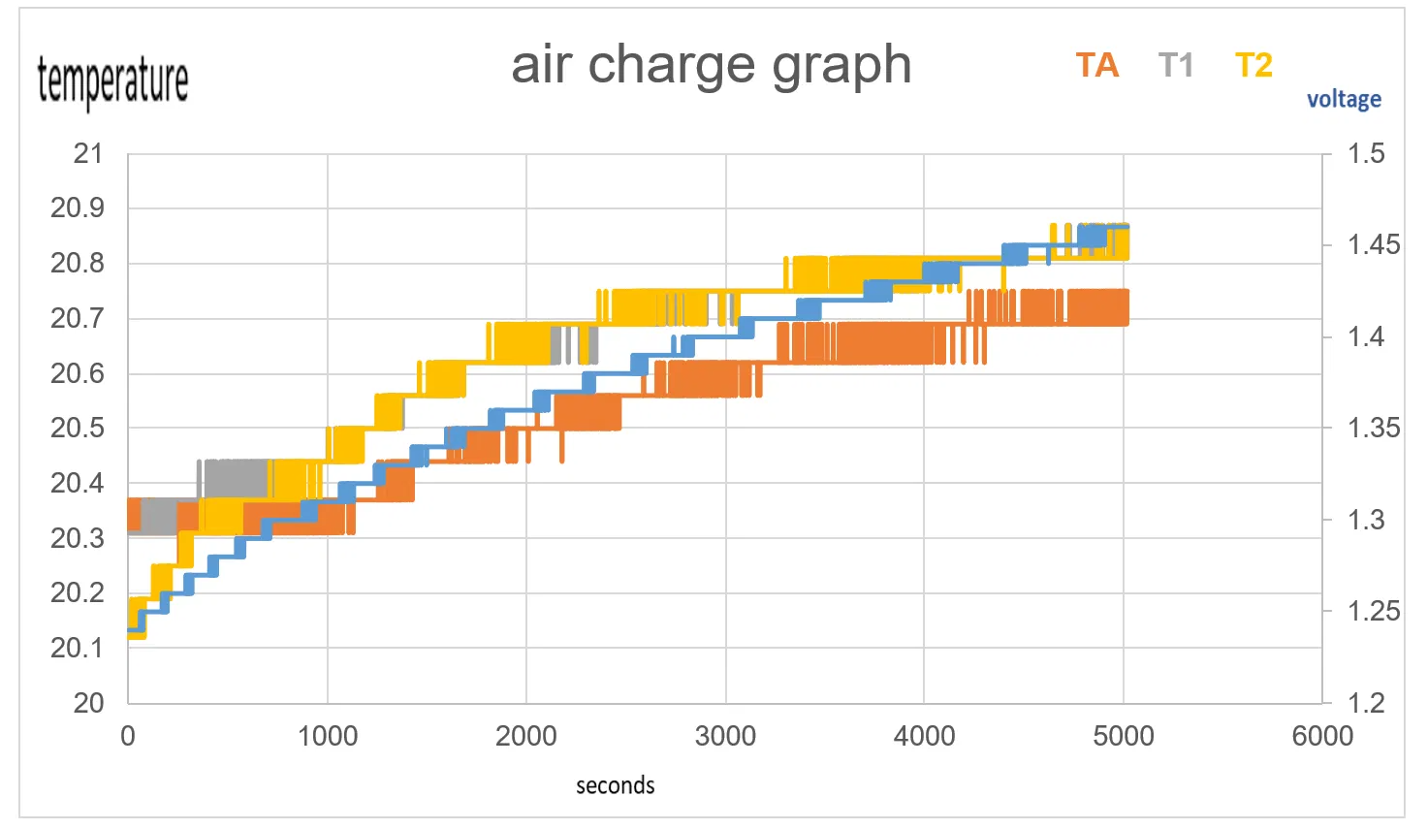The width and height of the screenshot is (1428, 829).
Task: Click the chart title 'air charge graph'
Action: pos(711,66)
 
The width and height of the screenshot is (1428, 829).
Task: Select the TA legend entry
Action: pos(1096,66)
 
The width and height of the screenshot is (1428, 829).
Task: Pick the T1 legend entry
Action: pos(1175,66)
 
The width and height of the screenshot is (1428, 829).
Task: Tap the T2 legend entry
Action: pos(1253,66)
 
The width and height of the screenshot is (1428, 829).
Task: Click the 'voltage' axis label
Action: pos(1344,99)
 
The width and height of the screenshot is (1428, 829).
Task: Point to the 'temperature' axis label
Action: pos(112,80)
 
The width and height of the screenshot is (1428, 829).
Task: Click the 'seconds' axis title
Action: pos(615,785)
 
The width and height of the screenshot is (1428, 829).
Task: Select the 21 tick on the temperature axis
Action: pos(88,153)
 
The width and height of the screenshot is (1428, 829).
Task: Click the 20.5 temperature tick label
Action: pos(77,428)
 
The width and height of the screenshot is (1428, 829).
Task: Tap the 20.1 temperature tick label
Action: pos(77,648)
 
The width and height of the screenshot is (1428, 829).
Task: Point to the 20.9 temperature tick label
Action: pos(77,207)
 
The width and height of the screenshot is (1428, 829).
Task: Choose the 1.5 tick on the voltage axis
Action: pos(1366,153)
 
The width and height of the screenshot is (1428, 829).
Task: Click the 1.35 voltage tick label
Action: pos(1374,428)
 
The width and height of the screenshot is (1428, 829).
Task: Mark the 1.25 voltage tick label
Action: pos(1374,611)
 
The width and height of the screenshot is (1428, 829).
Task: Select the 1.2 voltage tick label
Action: pos(1366,703)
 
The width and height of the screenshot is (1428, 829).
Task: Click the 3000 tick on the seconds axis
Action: pos(725,736)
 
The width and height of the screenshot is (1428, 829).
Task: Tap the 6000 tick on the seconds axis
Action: pos(1322,736)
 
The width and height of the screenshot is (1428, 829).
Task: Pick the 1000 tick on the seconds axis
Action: pos(327,736)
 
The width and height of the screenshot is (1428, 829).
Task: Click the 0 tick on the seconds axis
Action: pos(128,736)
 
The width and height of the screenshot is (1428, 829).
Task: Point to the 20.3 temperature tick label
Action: pos(77,538)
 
